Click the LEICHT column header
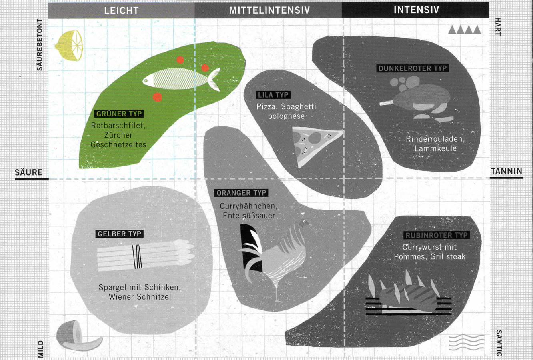point(121,10)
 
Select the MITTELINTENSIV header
point(269,10)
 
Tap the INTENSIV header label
point(416,10)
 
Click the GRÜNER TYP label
point(119,114)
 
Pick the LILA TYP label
point(273,95)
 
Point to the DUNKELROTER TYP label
point(412,68)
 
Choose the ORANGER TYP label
point(241,193)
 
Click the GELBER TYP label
point(120,234)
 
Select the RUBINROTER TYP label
point(437,235)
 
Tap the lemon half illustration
point(70,46)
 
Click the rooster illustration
point(276,256)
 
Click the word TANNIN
point(506,171)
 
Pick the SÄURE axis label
point(28,172)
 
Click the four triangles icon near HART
point(464,30)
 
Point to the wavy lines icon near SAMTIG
point(466,342)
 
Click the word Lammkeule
point(435,149)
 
